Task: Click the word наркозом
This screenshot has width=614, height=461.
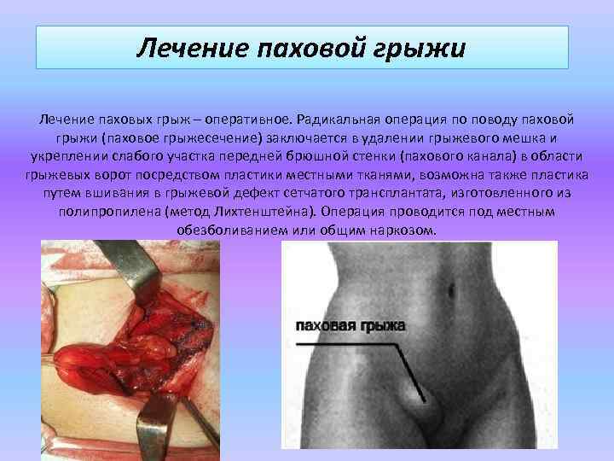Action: click(403, 230)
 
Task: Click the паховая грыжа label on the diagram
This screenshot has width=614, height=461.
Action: click(350, 326)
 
